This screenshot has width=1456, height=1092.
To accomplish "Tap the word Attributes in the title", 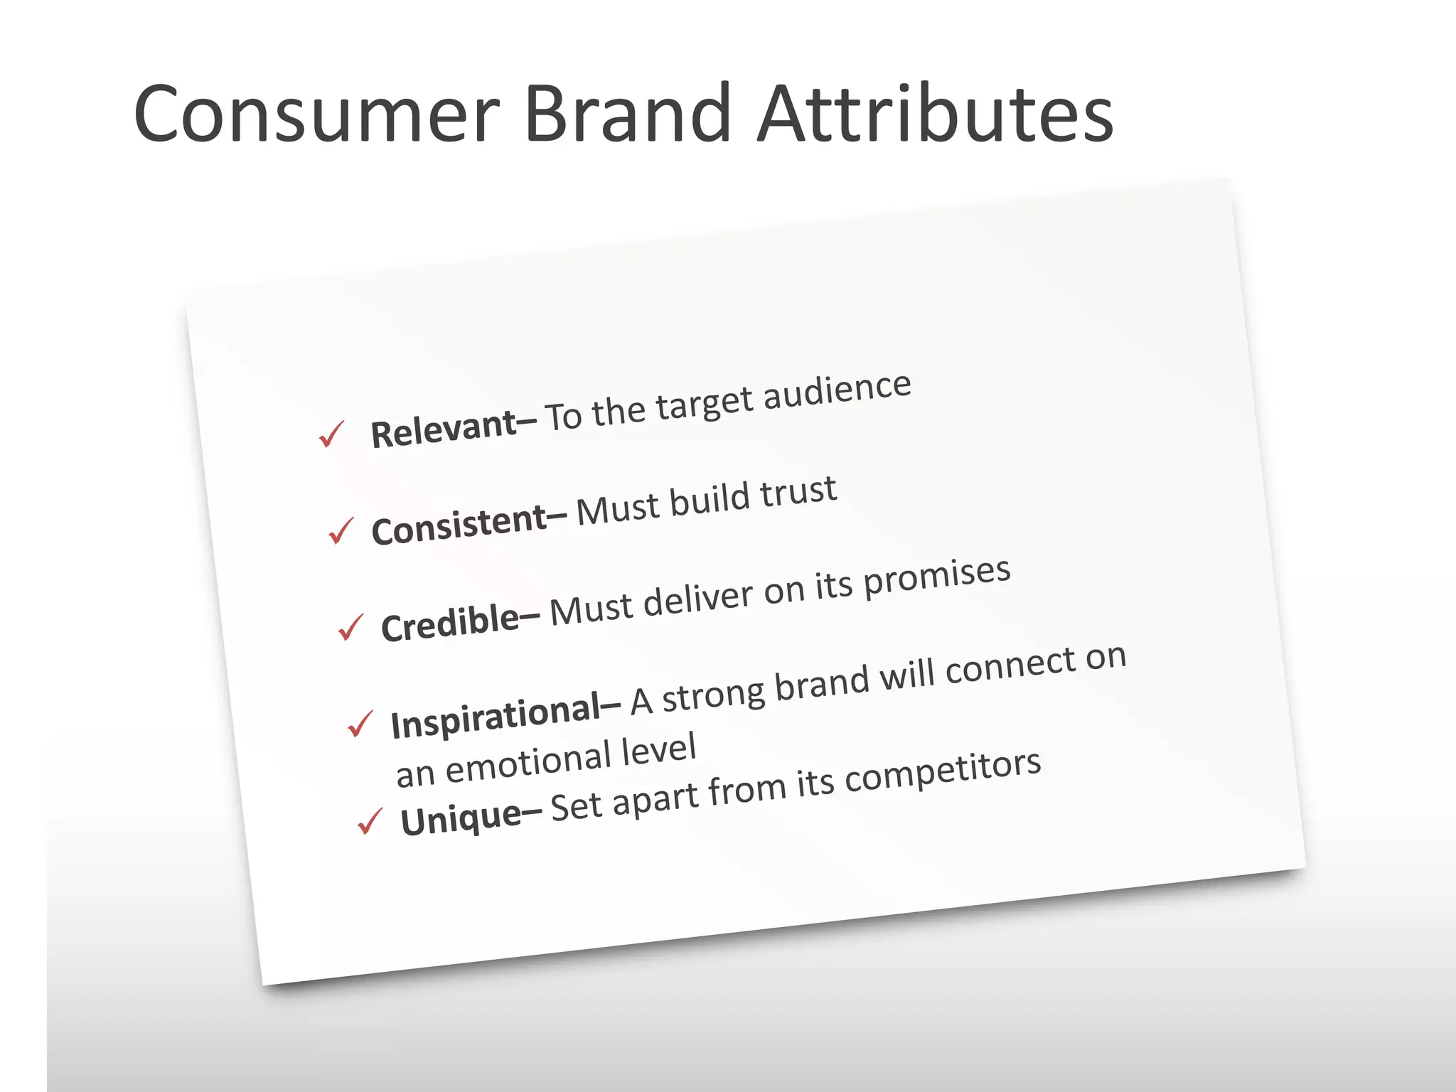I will (x=934, y=114).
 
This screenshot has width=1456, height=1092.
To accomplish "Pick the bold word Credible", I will (x=451, y=623).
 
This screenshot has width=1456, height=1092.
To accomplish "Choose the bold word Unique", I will (x=461, y=818).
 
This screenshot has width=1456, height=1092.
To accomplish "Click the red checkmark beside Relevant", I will (x=331, y=434).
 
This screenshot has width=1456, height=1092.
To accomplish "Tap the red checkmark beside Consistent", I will (x=341, y=530).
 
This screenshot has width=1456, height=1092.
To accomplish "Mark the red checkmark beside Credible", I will (x=350, y=627).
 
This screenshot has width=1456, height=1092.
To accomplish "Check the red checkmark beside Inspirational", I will (x=360, y=724).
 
